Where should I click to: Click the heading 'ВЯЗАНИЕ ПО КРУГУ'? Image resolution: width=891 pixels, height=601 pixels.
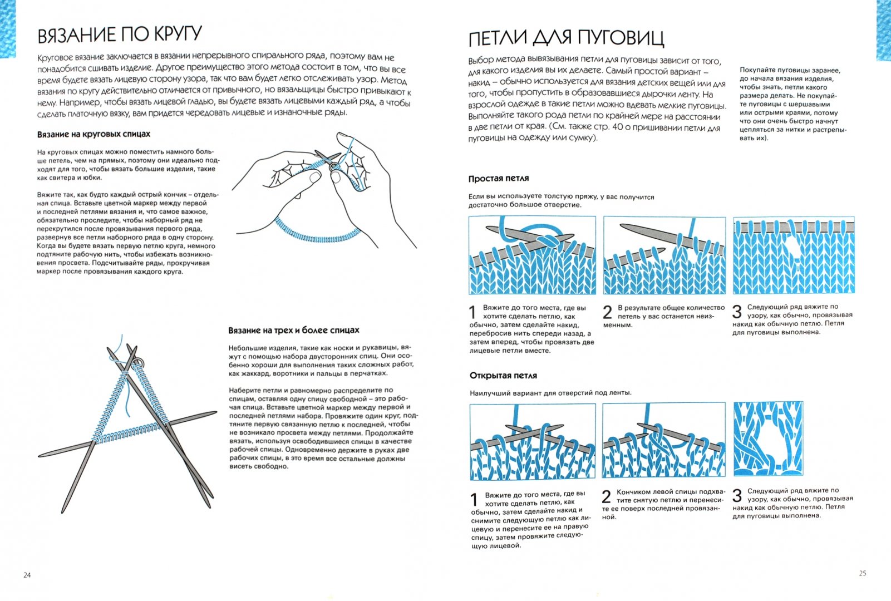tap(119, 35)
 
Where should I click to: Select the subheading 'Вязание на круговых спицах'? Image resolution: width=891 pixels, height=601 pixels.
tap(93, 134)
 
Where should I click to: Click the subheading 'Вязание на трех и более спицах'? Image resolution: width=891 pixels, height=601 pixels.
tap(293, 330)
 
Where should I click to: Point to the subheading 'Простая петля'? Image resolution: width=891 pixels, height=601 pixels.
tap(498, 179)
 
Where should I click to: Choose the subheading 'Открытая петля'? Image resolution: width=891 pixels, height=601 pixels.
tap(503, 376)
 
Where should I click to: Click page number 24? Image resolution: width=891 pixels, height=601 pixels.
tap(27, 575)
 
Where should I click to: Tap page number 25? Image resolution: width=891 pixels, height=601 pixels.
tap(862, 573)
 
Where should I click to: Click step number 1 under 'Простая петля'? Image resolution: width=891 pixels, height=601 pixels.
tap(474, 312)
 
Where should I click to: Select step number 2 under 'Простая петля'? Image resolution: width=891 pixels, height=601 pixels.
tap(608, 312)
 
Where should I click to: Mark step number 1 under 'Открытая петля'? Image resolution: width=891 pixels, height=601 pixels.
tap(474, 499)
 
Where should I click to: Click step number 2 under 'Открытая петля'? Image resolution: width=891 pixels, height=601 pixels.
tap(607, 496)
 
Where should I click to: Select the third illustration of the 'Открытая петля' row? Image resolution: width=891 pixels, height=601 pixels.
tap(768, 438)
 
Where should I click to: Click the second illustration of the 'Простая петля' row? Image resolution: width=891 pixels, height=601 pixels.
tap(664, 255)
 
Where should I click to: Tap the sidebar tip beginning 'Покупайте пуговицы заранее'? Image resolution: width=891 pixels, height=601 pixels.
tap(792, 104)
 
